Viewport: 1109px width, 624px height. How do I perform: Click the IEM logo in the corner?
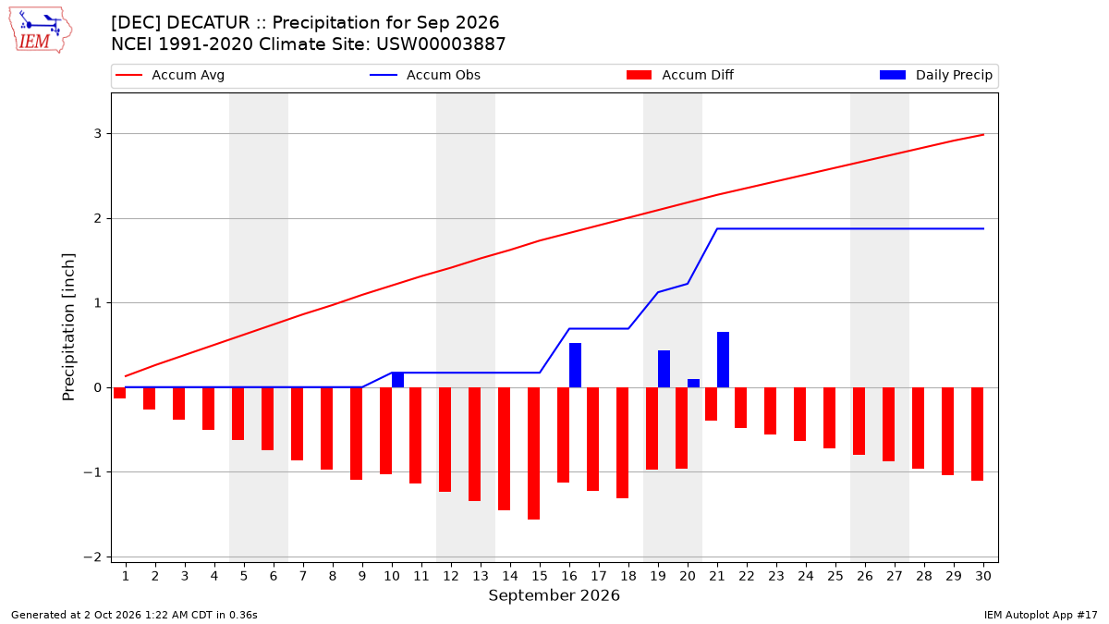coord(41,31)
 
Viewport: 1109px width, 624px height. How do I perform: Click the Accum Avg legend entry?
coord(170,75)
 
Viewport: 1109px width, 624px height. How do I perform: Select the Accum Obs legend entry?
coord(425,75)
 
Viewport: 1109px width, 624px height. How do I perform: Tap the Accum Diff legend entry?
coord(680,75)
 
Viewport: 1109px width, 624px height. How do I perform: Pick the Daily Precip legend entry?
coord(935,75)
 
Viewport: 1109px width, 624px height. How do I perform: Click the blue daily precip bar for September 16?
coord(575,365)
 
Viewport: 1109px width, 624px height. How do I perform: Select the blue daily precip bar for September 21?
coord(723,360)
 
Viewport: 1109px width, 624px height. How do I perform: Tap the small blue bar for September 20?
coord(694,384)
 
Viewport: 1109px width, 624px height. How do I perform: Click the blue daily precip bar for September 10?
coord(397,380)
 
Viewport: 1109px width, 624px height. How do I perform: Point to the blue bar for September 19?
coord(664,369)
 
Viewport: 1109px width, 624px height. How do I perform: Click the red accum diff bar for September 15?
coord(534,453)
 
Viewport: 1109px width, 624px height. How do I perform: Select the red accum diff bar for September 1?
coord(119,393)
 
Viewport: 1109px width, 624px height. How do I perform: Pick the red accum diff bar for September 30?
coord(978,434)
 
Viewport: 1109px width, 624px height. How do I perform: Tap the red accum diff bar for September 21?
coord(711,404)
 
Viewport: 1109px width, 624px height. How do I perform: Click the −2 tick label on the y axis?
coord(92,557)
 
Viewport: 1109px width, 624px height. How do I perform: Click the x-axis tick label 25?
coord(835,576)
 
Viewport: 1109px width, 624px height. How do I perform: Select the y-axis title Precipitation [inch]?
coord(68,327)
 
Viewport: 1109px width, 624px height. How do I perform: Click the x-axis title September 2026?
coord(554,595)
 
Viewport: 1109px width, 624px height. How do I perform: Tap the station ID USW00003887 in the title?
coord(441,44)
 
